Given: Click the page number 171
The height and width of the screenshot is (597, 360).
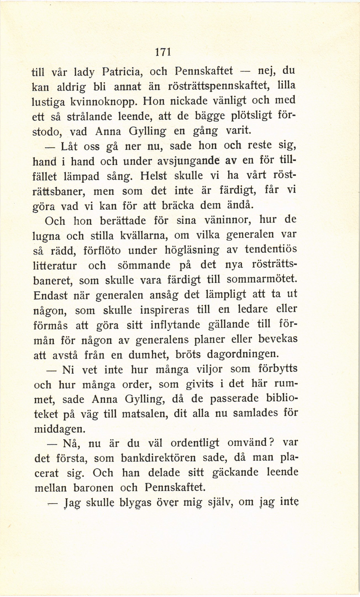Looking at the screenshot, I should [163, 52].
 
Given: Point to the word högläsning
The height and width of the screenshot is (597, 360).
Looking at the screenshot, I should [191, 250].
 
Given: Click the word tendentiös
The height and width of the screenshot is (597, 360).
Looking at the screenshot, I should [271, 249].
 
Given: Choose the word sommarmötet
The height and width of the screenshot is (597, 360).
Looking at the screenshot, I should [262, 280].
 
